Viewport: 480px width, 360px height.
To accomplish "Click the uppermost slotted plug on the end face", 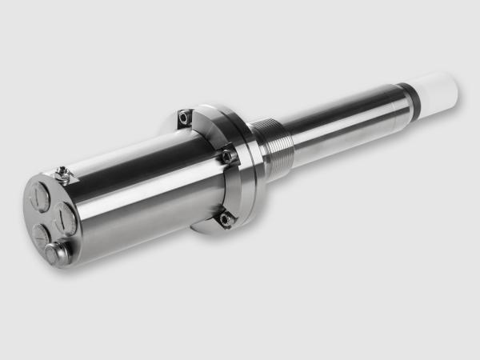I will [x=40, y=195].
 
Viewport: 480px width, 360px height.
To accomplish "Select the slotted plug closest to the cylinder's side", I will [x=66, y=218].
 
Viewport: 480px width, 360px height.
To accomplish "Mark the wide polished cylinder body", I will [x=136, y=192].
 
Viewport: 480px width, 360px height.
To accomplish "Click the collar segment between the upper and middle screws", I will [x=210, y=132].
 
